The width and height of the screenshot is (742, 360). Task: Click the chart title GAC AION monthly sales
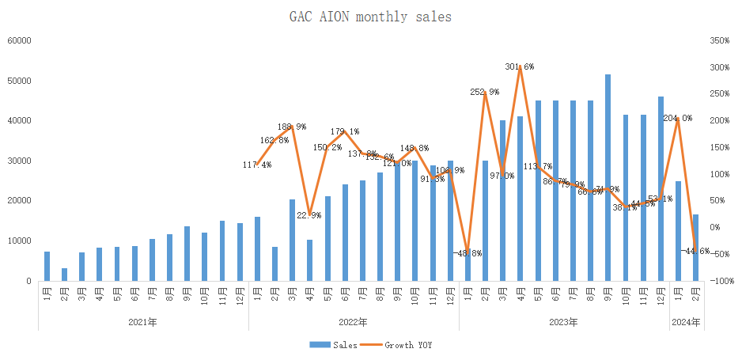(370, 16)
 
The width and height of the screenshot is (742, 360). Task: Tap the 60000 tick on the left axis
(19, 40)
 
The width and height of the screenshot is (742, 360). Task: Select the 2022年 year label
(353, 323)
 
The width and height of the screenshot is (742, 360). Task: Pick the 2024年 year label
(685, 323)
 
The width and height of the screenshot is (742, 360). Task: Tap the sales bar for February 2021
(65, 275)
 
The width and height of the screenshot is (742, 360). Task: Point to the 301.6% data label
(520, 66)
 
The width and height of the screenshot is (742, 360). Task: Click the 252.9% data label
(484, 92)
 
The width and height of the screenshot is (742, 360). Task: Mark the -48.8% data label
(466, 254)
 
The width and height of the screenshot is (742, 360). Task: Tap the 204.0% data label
(677, 118)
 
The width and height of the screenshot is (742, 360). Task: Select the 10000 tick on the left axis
(19, 241)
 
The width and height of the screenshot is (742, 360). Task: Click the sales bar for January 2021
(47, 266)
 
